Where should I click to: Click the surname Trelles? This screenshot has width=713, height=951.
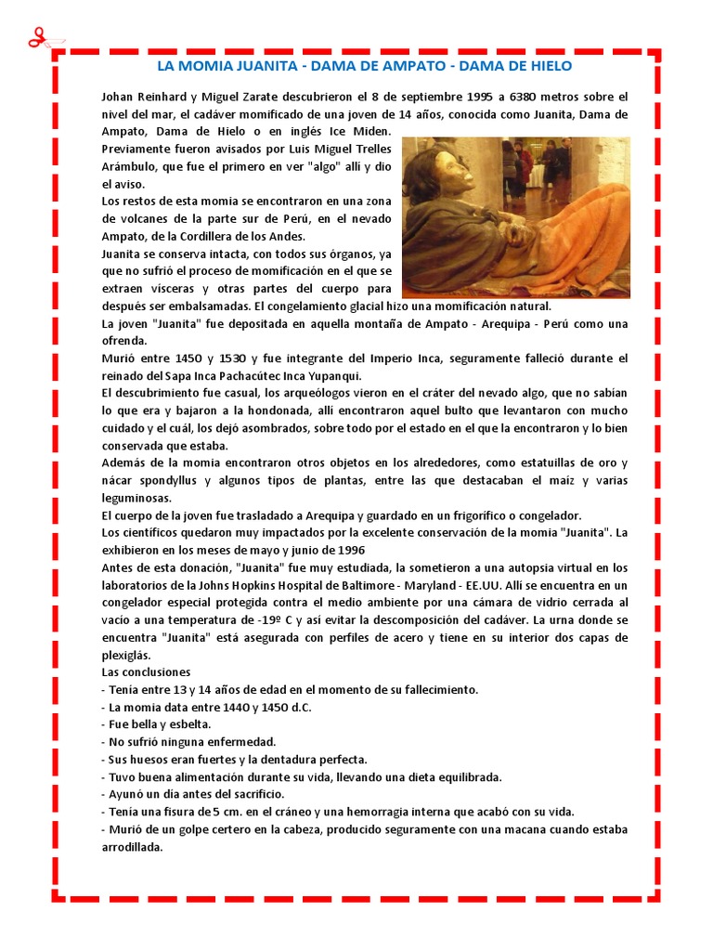tap(369, 149)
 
